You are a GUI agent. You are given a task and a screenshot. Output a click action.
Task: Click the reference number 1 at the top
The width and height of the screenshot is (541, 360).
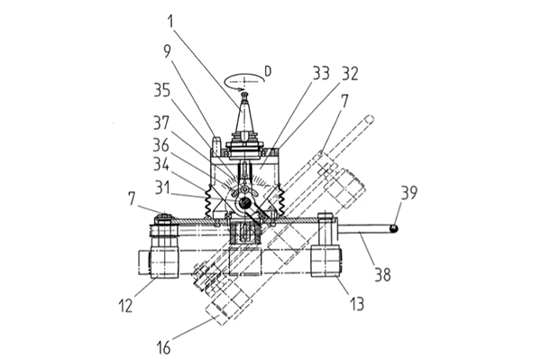[170, 21]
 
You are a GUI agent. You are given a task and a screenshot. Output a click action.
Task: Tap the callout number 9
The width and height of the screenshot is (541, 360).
[168, 51]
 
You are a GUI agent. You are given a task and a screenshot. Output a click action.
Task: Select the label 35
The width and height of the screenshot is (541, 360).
[162, 90]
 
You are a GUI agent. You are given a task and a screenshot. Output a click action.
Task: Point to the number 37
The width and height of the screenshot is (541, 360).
[161, 122]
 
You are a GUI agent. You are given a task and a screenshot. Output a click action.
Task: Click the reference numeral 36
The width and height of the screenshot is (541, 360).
[161, 145]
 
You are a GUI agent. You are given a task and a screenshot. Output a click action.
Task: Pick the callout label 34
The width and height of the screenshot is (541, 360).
[161, 164]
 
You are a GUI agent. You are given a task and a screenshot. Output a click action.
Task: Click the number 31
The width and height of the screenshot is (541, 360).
[162, 188]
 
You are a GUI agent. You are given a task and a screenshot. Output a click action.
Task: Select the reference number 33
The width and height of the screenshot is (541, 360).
[321, 73]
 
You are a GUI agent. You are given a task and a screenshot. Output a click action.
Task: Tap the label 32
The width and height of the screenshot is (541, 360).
[350, 73]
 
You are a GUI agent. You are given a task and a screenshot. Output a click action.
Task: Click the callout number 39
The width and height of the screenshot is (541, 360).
[409, 192]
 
